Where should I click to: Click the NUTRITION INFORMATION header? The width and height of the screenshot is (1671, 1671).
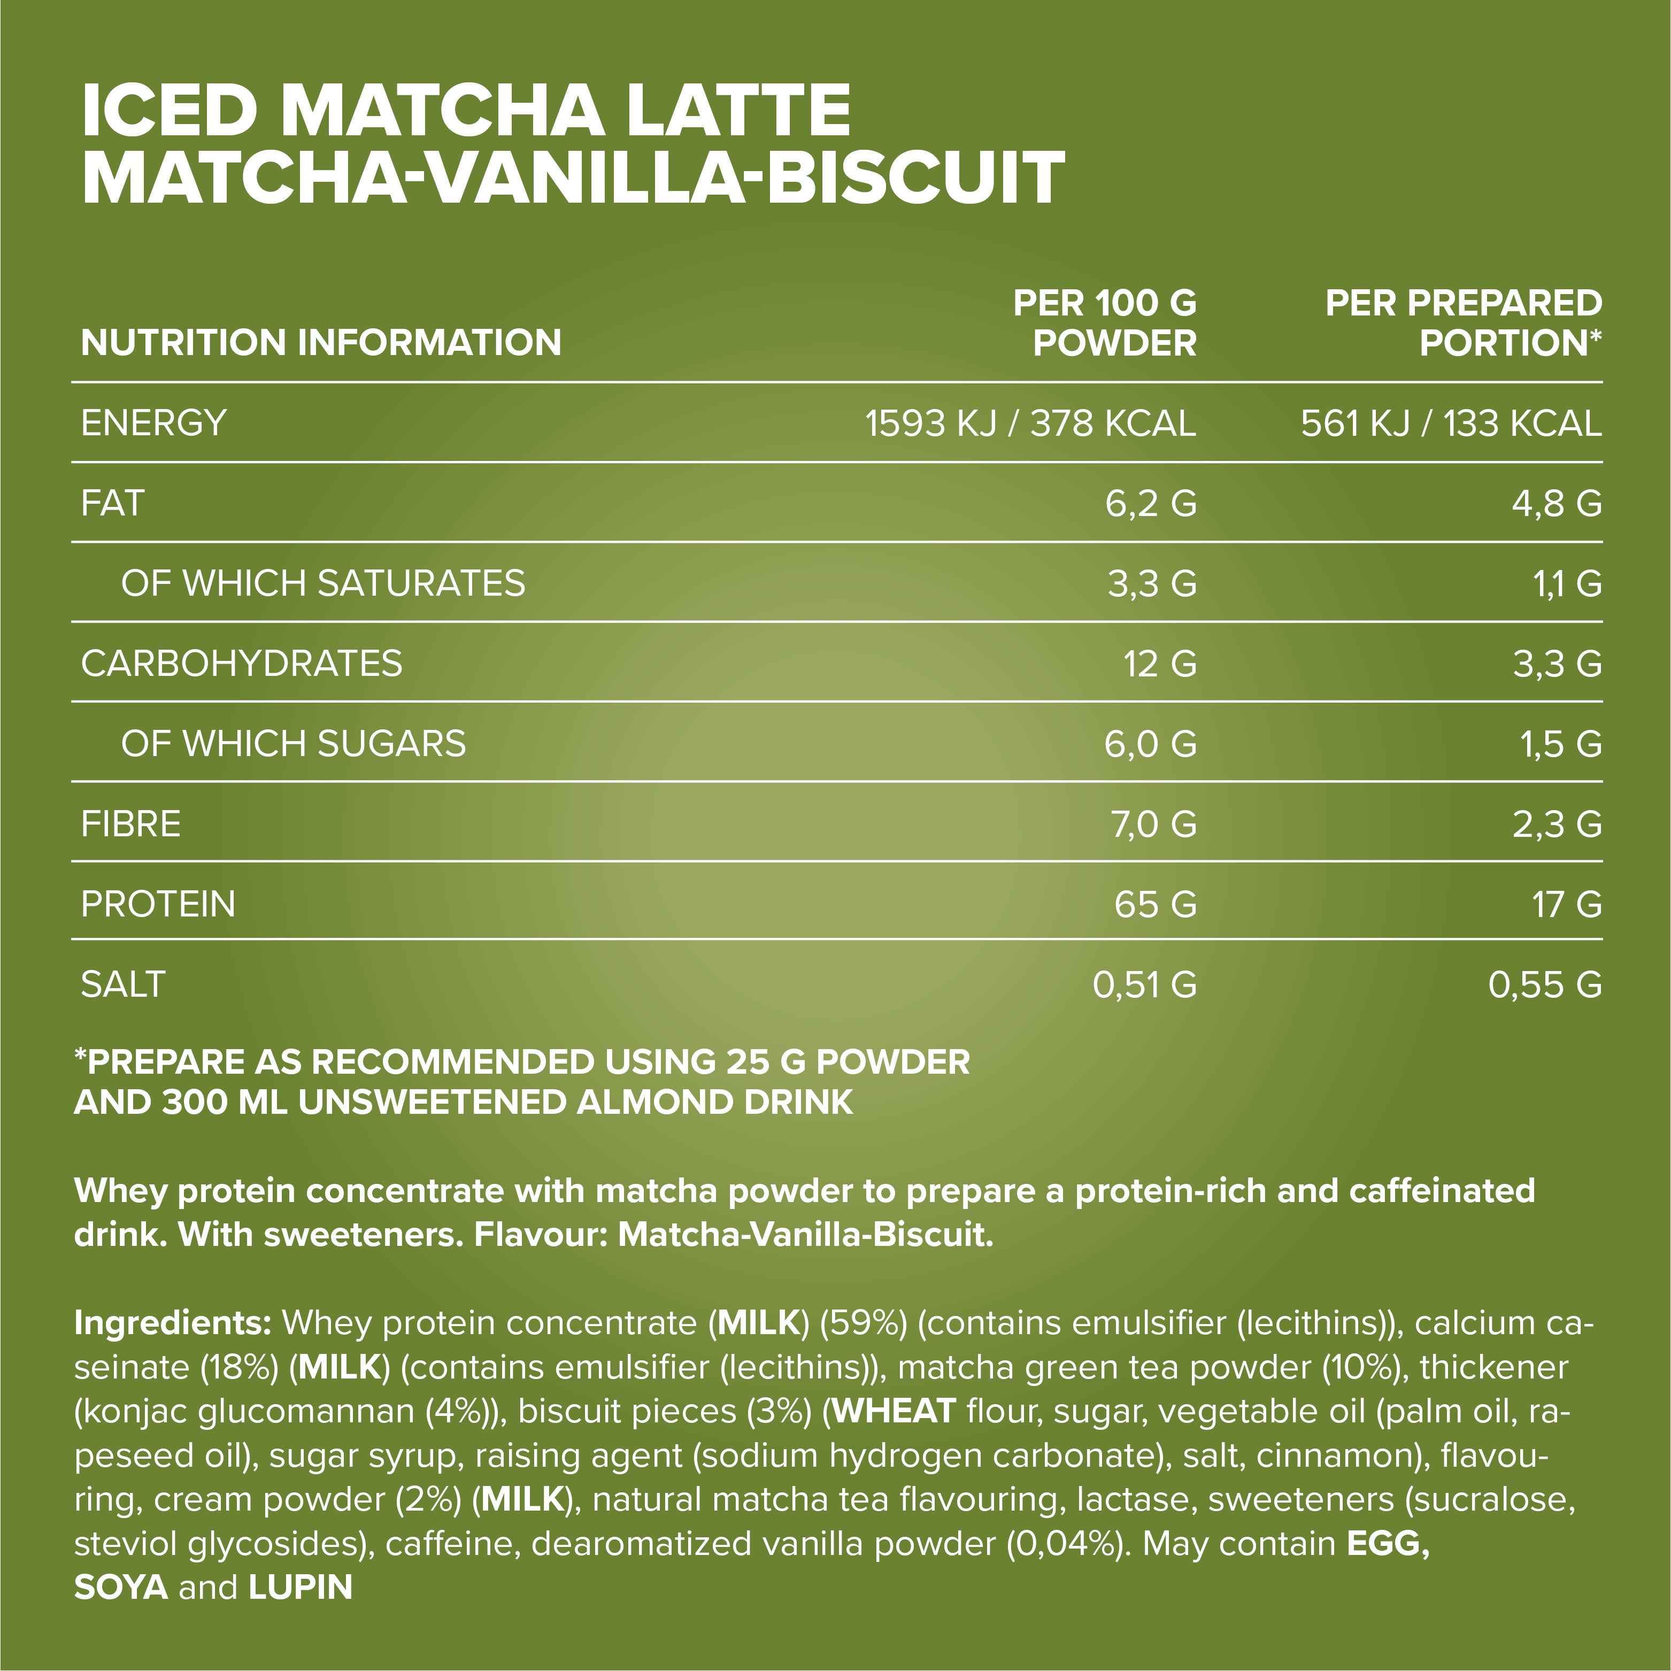tap(321, 343)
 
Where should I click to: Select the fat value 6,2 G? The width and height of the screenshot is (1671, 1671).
tap(1150, 503)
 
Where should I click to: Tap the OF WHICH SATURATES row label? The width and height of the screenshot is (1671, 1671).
tap(322, 583)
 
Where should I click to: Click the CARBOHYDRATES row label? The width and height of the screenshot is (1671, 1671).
tap(241, 664)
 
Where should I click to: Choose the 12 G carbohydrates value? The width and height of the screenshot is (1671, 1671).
tap(1160, 664)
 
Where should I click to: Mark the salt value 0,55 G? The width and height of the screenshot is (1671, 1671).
tap(1545, 985)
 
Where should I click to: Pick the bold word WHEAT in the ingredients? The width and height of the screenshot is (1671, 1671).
tap(894, 1412)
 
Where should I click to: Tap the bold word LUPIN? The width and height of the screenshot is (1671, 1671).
tap(300, 1587)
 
